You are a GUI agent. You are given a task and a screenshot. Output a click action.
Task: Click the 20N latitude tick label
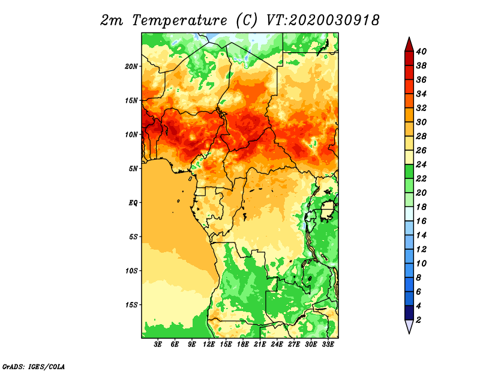tap(131, 67)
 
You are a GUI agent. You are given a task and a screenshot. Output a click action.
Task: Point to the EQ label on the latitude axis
tap(133, 203)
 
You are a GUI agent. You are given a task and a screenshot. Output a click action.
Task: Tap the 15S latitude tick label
tap(131, 305)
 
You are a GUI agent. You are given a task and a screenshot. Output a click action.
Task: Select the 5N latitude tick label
tap(133, 169)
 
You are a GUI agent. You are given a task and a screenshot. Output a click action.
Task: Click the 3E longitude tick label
tap(158, 345)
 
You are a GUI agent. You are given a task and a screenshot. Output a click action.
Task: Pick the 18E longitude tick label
tap(243, 345)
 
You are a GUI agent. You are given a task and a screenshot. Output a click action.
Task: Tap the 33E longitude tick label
tap(328, 345)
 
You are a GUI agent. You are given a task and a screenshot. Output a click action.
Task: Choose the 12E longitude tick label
tap(209, 345)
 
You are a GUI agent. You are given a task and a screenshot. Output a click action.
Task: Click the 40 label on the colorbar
tap(421, 52)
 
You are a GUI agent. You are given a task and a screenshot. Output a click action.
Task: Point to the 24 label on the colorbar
tap(421, 164)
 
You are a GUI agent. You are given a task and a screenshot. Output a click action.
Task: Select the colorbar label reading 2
tap(418, 320)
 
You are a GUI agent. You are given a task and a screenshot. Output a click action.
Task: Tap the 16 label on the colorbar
tap(421, 221)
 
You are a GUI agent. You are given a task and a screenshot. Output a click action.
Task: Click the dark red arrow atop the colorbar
tap(409, 44)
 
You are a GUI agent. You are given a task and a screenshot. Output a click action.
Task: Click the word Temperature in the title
tap(179, 20)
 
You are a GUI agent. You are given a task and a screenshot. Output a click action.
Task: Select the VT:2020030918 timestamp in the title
tap(323, 20)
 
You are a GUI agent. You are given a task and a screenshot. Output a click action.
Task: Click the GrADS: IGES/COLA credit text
tap(34, 366)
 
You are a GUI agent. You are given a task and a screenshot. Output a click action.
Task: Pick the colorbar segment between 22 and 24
tap(409, 172)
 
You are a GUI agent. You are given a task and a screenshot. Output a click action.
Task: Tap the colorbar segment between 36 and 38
tap(409, 73)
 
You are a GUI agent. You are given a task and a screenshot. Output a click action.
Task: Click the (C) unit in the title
tap(247, 20)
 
